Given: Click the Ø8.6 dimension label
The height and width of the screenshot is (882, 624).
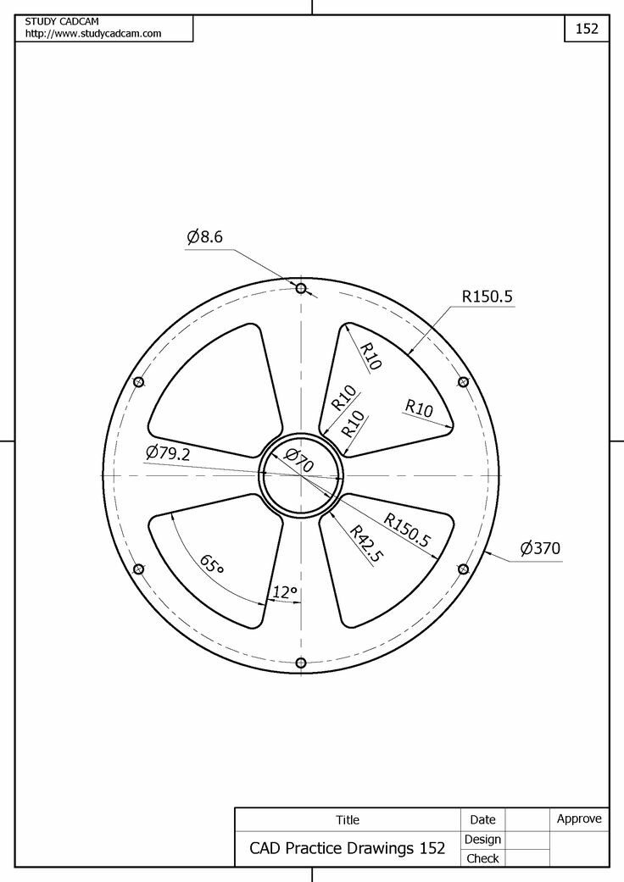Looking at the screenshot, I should pos(205,238).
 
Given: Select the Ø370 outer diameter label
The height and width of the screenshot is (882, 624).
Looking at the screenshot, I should pos(540,549).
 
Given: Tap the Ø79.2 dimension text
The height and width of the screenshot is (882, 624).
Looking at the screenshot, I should pos(168,454).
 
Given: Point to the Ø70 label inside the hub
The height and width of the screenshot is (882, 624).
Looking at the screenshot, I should pos(299,461).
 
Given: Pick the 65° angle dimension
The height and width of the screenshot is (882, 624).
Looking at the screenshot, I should pos(212,564).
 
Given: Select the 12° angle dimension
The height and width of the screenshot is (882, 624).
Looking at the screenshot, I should pos(284,593).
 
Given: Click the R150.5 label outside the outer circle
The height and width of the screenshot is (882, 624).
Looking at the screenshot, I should pos(487,297).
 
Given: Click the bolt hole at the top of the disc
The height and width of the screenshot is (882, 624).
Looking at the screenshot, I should pos(300,288).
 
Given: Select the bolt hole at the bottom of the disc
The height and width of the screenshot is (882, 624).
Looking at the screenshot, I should pos(300,663).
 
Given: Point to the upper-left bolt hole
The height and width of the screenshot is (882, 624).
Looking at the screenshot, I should pos(139,382).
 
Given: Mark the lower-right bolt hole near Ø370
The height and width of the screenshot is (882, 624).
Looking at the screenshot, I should pos(463,569).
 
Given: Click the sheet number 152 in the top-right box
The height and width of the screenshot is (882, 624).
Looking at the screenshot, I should pos(587,28).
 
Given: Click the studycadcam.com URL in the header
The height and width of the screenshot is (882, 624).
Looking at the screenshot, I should pos(93,33).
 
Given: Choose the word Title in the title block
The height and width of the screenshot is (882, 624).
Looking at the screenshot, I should pos(348,820).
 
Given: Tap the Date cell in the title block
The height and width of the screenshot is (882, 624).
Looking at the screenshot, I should pos(482,819).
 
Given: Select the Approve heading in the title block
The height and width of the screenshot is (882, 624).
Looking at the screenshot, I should pos(579,818).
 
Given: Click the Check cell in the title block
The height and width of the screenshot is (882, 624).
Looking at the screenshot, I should pos(482,858).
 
